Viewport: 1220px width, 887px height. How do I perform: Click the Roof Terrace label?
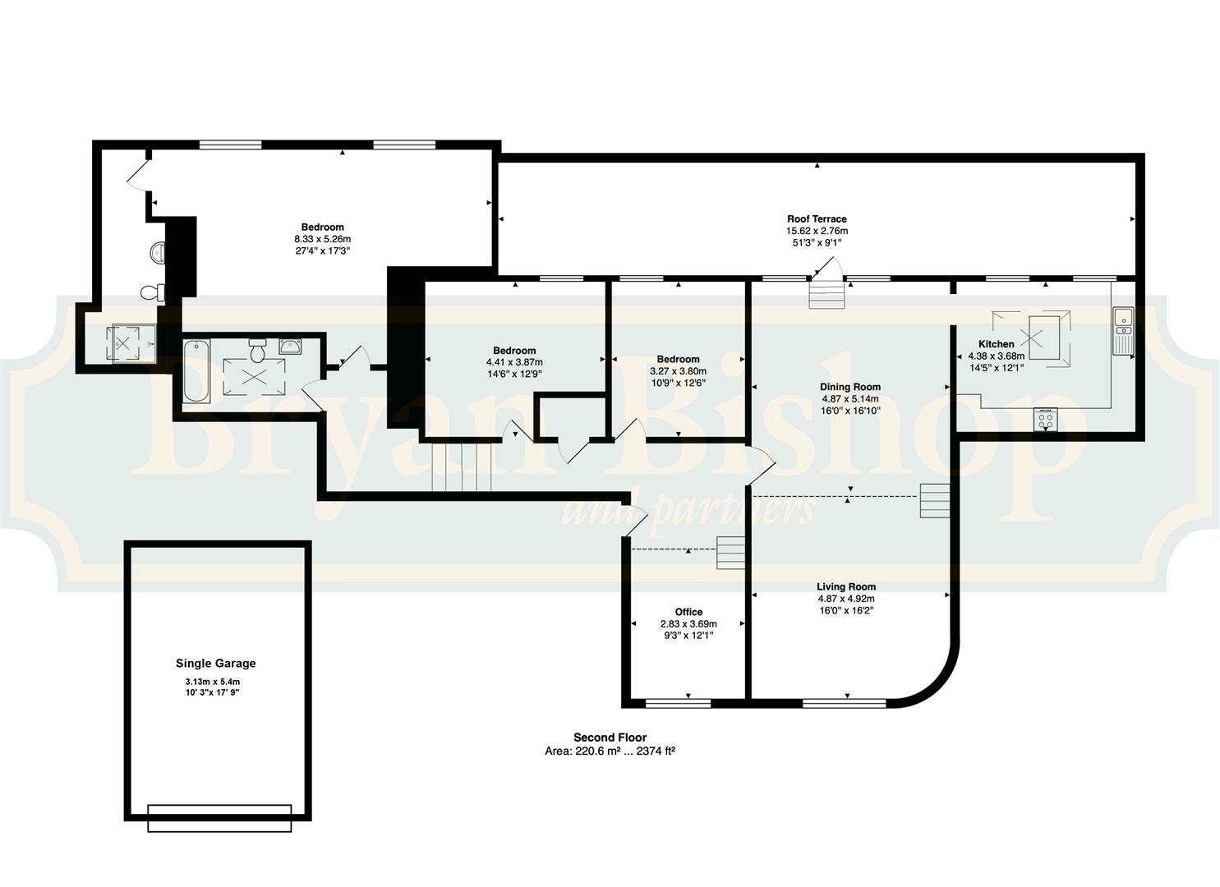tap(817, 219)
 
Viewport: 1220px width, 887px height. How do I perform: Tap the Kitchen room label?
tap(997, 344)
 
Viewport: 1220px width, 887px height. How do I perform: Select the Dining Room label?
tap(850, 387)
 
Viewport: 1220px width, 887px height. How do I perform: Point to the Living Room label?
tap(846, 586)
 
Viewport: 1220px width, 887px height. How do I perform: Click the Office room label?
tap(688, 612)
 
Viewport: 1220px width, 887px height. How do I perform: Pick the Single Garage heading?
tap(216, 664)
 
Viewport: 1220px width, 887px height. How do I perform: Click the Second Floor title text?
tap(610, 738)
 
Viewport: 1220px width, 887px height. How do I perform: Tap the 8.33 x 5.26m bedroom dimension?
tap(322, 239)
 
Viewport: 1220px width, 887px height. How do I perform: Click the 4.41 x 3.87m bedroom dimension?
tap(514, 362)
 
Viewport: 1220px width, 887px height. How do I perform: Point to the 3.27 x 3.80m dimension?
tap(678, 370)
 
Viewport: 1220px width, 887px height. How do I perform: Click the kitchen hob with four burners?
tap(1045, 419)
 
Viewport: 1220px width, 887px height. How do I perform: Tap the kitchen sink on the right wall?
tap(1123, 330)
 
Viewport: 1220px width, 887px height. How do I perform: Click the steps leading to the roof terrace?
tap(826, 295)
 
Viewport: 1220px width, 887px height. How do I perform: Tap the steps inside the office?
tap(730, 553)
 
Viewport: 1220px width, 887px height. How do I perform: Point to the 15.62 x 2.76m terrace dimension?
tap(817, 231)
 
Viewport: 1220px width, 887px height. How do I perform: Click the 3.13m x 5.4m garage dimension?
tap(213, 682)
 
